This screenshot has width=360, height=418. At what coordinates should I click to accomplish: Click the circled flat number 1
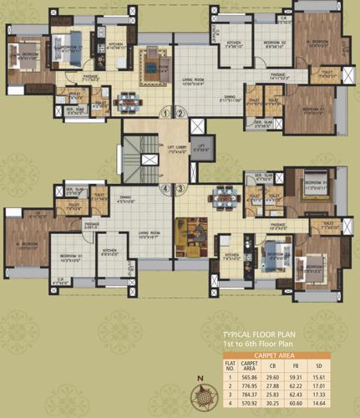coord(166,113)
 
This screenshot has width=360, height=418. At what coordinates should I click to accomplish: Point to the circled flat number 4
coord(166,189)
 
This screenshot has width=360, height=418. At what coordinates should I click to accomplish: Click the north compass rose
coord(200,400)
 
